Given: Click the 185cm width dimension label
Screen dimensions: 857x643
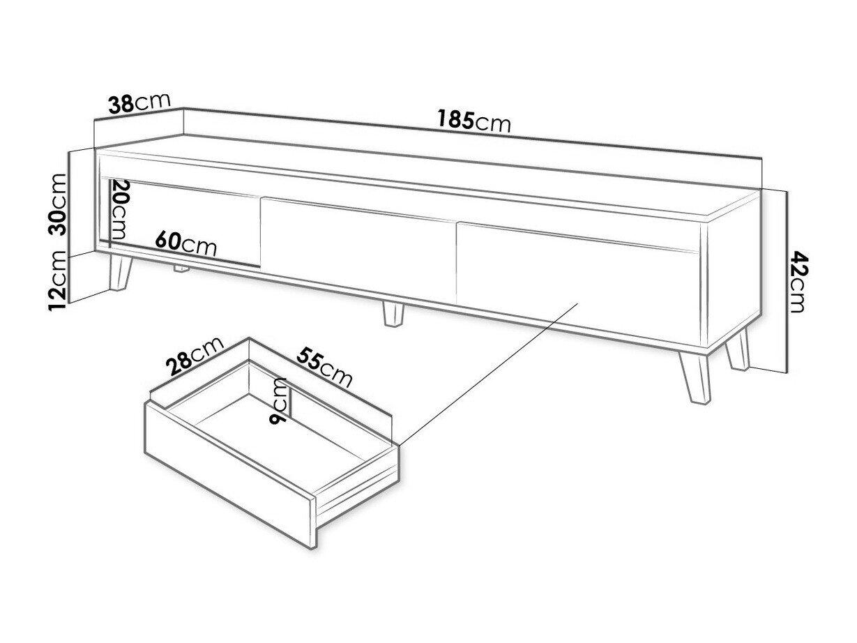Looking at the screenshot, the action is [x=473, y=121].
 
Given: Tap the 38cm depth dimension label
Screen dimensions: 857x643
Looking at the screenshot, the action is [x=139, y=103].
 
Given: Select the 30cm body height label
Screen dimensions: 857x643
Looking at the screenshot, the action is [x=57, y=204].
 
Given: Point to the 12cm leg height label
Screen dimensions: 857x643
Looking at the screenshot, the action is [x=57, y=281].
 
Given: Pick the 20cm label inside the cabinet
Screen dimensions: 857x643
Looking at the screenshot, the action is [x=119, y=209].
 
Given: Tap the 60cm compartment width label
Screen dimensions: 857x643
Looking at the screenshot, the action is [x=185, y=243].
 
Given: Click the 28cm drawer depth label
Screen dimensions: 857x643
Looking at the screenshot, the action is [x=194, y=355].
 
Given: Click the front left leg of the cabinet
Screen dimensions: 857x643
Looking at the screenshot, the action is [x=120, y=273].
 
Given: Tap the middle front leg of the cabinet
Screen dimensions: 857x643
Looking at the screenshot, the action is [x=393, y=314].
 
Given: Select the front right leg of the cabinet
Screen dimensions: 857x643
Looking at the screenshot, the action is [x=695, y=377].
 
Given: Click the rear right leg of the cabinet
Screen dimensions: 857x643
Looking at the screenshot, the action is [x=738, y=349].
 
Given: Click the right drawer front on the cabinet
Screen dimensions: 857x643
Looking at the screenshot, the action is [x=578, y=285].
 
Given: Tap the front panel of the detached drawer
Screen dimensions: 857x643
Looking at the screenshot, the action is [x=229, y=475].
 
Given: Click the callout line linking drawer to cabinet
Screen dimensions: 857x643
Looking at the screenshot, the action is [x=488, y=374].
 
